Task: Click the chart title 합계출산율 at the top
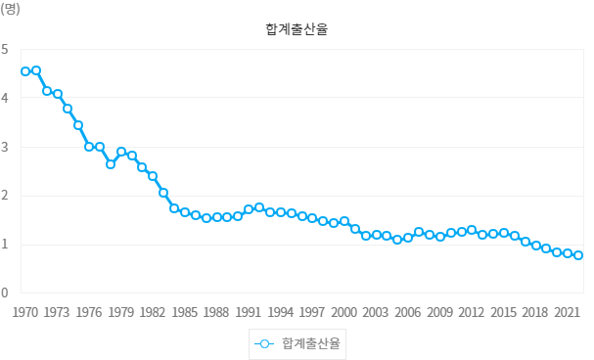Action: pos(296,29)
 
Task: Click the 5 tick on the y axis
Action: pos(5,49)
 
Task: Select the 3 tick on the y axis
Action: pos(5,147)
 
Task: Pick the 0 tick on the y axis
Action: pos(5,292)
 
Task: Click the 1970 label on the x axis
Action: pos(25,313)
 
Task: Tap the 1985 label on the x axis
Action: pos(185,313)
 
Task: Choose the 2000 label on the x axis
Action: pos(344,313)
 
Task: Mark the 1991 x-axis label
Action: pos(249,313)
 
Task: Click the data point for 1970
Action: pos(25,71)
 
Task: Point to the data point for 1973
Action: pos(58,94)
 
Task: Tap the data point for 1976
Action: pos(89,147)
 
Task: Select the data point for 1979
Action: pos(121,152)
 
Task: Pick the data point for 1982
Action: pos(153,176)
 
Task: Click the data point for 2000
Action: pos(344,221)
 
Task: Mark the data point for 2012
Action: pos(472,230)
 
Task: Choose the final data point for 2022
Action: pos(578,255)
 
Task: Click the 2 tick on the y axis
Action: pos(5,196)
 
